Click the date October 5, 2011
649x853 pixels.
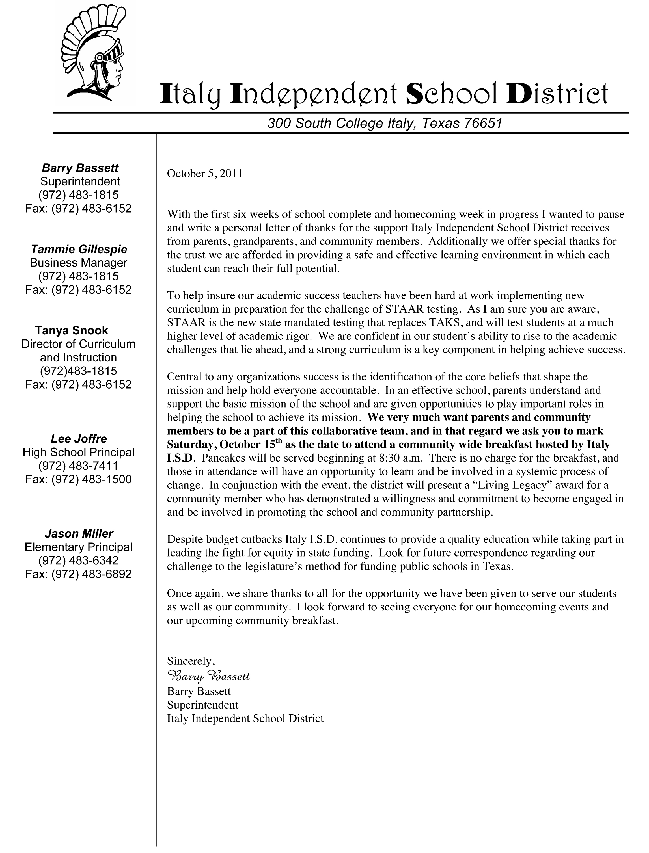click(205, 174)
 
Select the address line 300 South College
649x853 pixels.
click(384, 123)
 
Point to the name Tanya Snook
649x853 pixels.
click(72, 330)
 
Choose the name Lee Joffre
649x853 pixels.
click(79, 439)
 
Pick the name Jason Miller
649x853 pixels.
click(79, 534)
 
